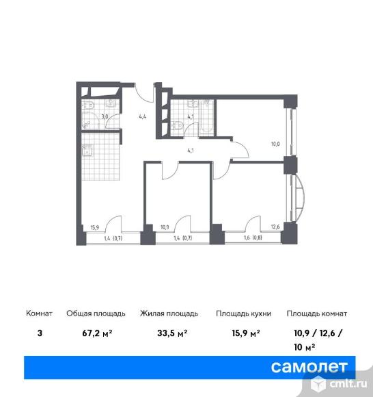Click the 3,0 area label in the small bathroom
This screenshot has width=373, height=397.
pyautogui.click(x=104, y=116)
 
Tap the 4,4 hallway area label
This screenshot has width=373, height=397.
pyautogui.click(x=143, y=116)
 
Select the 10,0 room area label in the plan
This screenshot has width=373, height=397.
pyautogui.click(x=274, y=144)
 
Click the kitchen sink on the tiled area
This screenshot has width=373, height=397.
pyautogui.click(x=87, y=152)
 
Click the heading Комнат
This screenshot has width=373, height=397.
pyautogui.click(x=39, y=313)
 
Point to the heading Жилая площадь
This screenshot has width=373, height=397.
pyautogui.click(x=169, y=313)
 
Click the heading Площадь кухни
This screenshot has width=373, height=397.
pyautogui.click(x=244, y=313)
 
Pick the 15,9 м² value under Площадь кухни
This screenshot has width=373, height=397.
pyautogui.click(x=245, y=335)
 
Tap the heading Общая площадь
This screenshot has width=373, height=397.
pyautogui.click(x=96, y=313)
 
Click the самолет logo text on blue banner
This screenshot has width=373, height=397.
pyautogui.click(x=309, y=367)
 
